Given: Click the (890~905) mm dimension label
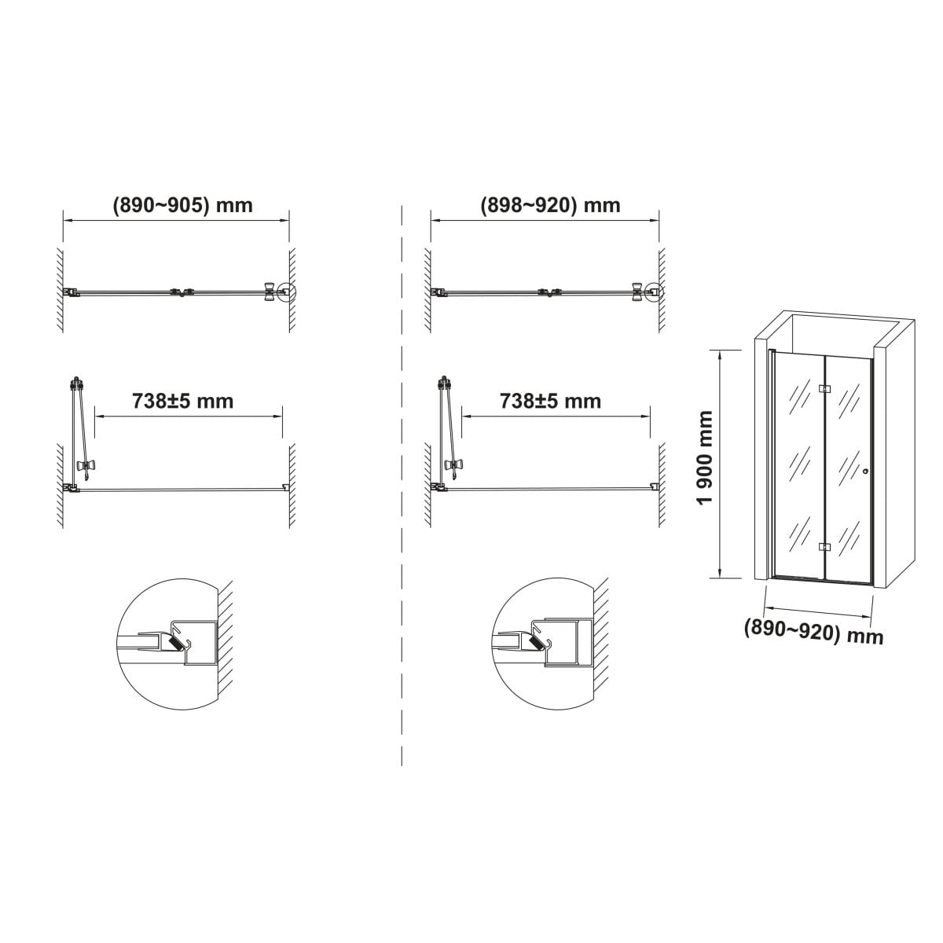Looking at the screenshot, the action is tap(182, 205).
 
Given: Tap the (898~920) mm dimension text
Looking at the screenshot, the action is tap(550, 205).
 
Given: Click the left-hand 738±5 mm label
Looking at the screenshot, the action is tap(182, 401).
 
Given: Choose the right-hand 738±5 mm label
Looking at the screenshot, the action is tap(550, 401).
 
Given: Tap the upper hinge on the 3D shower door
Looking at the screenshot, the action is tap(824, 388).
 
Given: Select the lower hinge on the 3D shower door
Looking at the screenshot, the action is tap(824, 547).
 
